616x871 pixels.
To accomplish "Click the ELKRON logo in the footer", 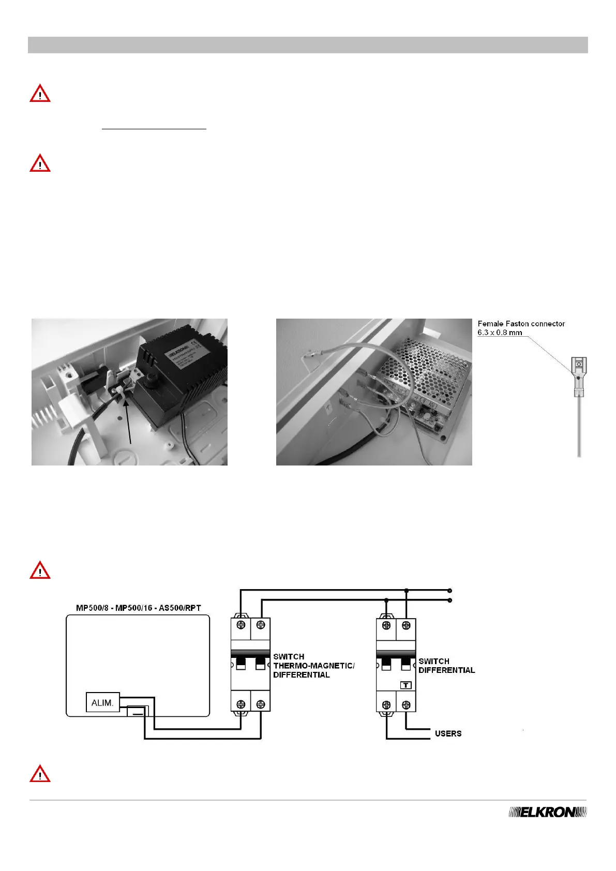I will click(548, 812).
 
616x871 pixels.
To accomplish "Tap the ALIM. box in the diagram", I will click(102, 703).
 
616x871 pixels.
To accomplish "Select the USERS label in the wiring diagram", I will click(448, 733).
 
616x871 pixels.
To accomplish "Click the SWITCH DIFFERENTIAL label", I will click(446, 666).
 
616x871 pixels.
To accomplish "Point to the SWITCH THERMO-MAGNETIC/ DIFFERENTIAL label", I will click(313, 666).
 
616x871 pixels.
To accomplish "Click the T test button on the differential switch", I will click(406, 685).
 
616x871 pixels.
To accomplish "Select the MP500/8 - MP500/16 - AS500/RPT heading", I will click(138, 608).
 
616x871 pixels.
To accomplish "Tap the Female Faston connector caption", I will click(521, 328).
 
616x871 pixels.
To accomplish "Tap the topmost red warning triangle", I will click(40, 95).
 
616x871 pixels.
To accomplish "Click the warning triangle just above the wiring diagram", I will click(40, 570).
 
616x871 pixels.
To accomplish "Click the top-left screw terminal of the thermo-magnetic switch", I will click(241, 625).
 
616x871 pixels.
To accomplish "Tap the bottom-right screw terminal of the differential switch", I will click(406, 704).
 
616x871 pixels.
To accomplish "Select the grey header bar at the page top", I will click(308, 45).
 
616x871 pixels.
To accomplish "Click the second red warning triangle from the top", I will click(40, 163).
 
